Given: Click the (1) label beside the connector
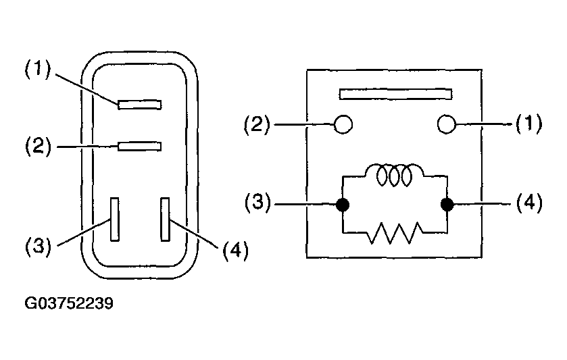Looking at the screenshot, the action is [38, 69].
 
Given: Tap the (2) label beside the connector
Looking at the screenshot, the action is [38, 146].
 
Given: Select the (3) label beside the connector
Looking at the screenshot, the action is [38, 247].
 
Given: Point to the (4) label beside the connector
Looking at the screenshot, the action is [235, 250].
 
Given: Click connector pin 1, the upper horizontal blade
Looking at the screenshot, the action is [140, 105].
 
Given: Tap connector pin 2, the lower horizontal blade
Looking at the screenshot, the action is [140, 147].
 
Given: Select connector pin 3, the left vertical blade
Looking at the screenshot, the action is [115, 220].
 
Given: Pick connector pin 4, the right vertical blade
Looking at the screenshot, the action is [166, 220].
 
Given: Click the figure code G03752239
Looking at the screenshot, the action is [69, 303].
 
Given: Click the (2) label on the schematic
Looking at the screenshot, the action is [257, 125].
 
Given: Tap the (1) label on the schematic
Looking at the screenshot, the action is [528, 124].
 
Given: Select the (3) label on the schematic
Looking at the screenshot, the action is [257, 202].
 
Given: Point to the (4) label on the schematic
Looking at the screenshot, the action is [529, 203].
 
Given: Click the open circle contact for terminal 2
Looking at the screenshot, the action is [343, 124].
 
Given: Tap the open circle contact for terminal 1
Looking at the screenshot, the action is [447, 124].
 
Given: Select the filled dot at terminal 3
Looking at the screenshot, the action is [343, 205].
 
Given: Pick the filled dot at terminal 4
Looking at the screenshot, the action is [447, 205].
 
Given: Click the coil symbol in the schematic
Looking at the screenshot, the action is [394, 176].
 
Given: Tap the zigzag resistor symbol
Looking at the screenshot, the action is [395, 233].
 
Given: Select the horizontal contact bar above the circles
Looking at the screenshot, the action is [395, 94].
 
